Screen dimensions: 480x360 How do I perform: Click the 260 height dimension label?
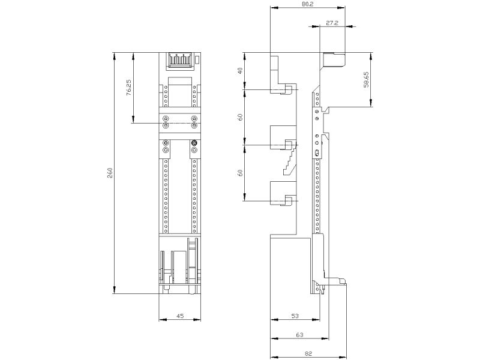[110, 173]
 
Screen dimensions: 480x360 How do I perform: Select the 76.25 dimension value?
[129, 88]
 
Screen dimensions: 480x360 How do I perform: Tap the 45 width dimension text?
[181, 316]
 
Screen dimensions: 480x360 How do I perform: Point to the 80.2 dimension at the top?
[308, 4]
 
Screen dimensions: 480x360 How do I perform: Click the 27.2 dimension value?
[332, 23]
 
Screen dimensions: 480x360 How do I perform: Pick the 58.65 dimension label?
[366, 80]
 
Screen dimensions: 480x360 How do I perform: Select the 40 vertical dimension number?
[241, 71]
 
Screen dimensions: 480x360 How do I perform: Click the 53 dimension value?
[295, 316]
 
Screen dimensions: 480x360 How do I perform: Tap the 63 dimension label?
[299, 335]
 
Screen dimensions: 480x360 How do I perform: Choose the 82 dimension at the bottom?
[308, 354]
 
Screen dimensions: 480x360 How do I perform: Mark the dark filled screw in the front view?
[194, 143]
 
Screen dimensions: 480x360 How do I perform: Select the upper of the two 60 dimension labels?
[241, 117]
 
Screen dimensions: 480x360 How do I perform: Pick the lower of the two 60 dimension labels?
[241, 173]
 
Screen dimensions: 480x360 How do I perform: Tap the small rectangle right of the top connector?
[198, 59]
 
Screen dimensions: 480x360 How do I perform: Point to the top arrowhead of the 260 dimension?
[115, 56]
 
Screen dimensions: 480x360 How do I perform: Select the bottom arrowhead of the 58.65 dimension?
[371, 103]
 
